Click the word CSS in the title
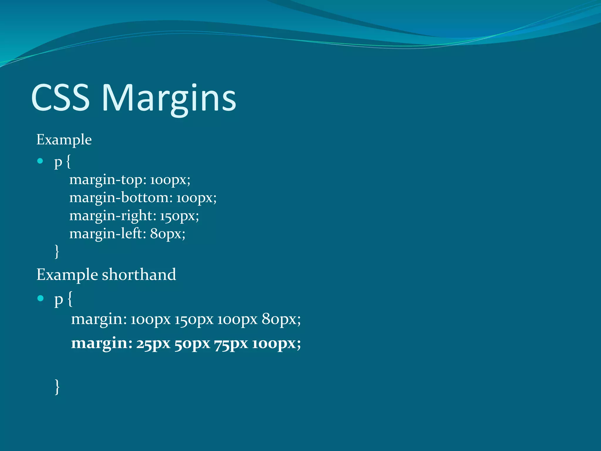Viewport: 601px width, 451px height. click(60, 97)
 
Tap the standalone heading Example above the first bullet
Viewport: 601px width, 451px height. click(64, 140)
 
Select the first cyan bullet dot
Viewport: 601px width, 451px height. click(40, 161)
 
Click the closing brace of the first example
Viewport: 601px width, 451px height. click(57, 251)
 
